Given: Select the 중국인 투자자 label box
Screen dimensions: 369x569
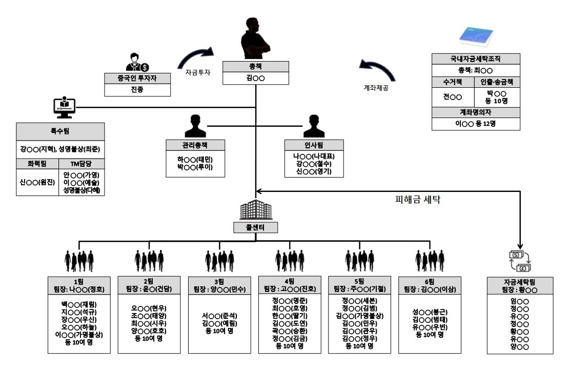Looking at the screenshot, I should (137, 79).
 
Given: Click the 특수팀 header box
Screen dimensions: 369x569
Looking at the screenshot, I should (60, 131).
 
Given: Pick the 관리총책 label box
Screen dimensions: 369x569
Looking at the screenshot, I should (195, 144).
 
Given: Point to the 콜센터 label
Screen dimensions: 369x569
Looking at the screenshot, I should (255, 227).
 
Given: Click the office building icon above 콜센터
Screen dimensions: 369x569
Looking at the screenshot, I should (255, 210).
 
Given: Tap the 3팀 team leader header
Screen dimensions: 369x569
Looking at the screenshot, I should (219, 285).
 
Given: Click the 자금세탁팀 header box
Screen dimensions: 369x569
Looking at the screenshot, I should (519, 285).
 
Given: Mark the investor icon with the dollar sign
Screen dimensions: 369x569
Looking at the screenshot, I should (136, 62).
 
